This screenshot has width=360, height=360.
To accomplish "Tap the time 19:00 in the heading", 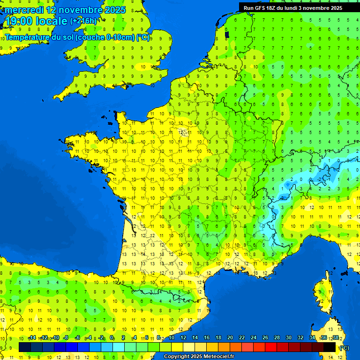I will (x=18, y=21).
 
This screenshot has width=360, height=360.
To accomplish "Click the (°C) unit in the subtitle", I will (x=143, y=37).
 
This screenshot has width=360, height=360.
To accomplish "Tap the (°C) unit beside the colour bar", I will (x=344, y=347).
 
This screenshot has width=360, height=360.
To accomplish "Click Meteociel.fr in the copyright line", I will (x=219, y=357).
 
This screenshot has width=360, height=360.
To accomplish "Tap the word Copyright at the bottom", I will (x=177, y=357).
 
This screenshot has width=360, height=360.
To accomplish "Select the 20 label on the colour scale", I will (x=230, y=337).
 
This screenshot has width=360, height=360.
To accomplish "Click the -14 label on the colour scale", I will (x=32, y=337).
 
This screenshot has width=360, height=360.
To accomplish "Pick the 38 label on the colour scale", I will (x=335, y=337).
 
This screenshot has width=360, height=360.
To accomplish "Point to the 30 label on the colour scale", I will (x=289, y=337).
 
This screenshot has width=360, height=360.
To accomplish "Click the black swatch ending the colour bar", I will (x=330, y=347).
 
